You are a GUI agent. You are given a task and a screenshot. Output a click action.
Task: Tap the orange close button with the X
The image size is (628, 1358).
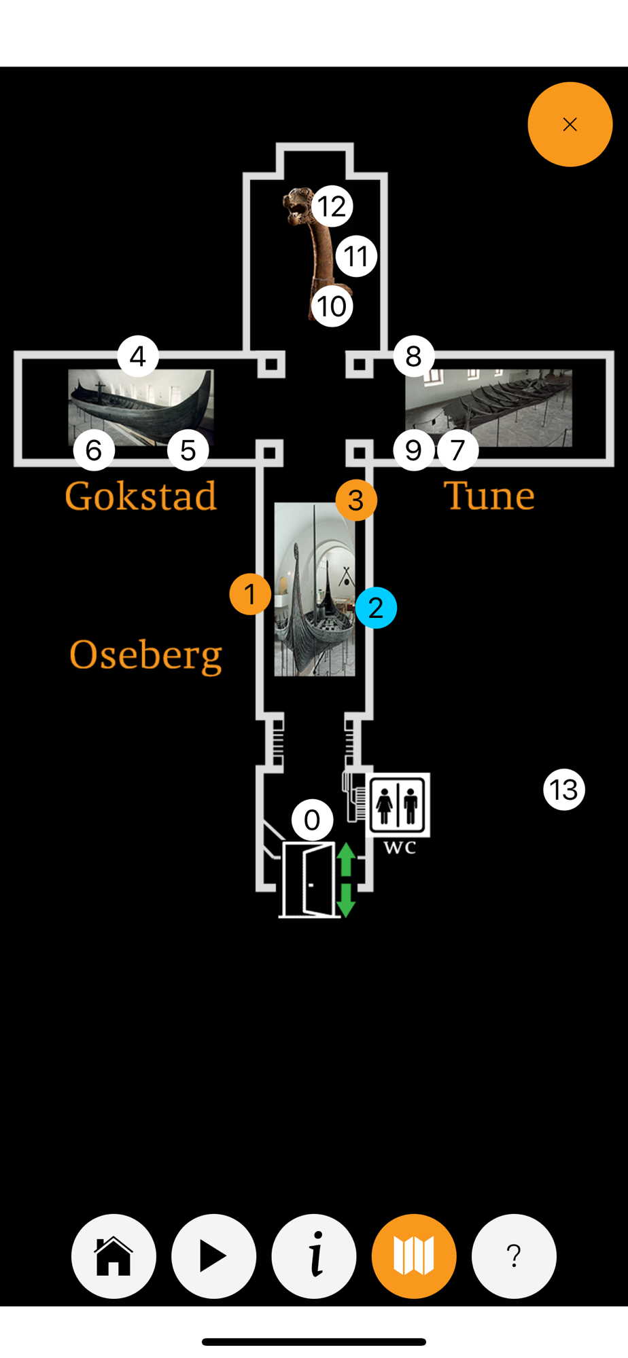(x=570, y=124)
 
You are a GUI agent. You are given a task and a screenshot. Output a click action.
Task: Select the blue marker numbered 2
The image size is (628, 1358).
(x=376, y=608)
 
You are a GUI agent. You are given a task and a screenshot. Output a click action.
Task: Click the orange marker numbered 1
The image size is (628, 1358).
(x=250, y=594)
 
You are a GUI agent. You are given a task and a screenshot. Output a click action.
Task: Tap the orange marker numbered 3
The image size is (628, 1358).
(x=356, y=500)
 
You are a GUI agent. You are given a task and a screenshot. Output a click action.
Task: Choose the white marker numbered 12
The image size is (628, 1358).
(x=332, y=206)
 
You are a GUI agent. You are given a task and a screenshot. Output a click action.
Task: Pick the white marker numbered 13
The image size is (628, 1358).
(x=564, y=790)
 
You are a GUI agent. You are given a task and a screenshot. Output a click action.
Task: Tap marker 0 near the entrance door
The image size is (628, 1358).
(x=312, y=820)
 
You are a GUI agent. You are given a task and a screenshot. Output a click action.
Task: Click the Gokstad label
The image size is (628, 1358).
(x=141, y=496)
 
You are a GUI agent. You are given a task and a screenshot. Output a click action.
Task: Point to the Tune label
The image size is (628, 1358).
(x=489, y=496)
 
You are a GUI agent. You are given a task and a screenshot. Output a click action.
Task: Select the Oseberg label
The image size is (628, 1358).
(x=145, y=655)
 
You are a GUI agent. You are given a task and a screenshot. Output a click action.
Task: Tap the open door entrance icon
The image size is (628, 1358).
(x=309, y=879)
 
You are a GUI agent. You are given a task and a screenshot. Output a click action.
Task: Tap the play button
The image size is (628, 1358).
(x=213, y=1256)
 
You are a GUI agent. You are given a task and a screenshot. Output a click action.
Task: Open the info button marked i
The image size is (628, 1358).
(x=314, y=1256)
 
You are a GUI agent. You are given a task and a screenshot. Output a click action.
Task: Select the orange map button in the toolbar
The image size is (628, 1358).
(x=414, y=1256)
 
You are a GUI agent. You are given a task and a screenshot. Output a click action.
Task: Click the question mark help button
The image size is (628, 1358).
(x=514, y=1256)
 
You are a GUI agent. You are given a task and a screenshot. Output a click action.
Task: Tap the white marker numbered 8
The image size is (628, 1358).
(x=413, y=356)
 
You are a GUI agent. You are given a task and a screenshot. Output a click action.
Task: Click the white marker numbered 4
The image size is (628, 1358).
(x=138, y=356)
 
